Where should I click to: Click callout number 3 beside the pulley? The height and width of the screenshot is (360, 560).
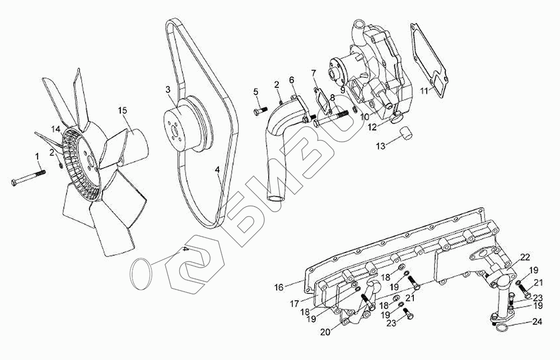[x=168, y=90]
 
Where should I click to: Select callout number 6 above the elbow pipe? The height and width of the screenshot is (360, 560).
[x=292, y=80]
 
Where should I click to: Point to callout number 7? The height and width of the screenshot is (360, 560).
[x=314, y=73]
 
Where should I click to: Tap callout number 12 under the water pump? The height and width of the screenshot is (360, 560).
[x=372, y=128]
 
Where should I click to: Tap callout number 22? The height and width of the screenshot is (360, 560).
[x=525, y=257]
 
